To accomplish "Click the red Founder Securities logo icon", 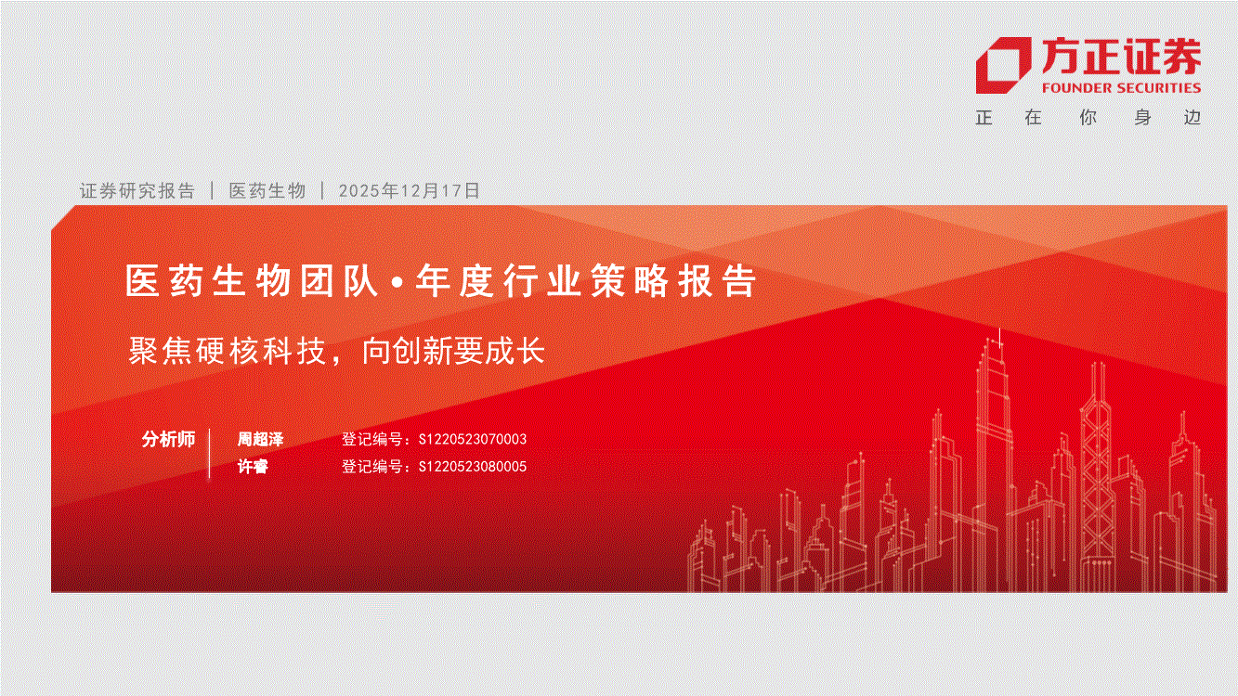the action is tap(1003, 65).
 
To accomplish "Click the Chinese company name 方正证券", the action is tap(1121, 57).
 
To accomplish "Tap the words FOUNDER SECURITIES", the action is tap(1121, 88).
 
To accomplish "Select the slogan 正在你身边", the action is tap(1088, 117).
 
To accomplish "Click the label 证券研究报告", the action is tap(137, 190).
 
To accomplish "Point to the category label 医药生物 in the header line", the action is tap(267, 190).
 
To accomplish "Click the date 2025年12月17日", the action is tap(409, 190).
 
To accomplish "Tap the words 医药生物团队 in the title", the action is tap(252, 280).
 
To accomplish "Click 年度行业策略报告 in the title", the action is tap(586, 280).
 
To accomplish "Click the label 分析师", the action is tap(169, 439).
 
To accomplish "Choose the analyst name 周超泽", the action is tap(260, 439).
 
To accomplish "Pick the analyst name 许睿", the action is tap(253, 466).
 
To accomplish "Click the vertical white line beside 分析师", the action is tap(210, 453).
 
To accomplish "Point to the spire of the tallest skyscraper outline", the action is tap(1000, 338).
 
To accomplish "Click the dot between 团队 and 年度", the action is tap(397, 283).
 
